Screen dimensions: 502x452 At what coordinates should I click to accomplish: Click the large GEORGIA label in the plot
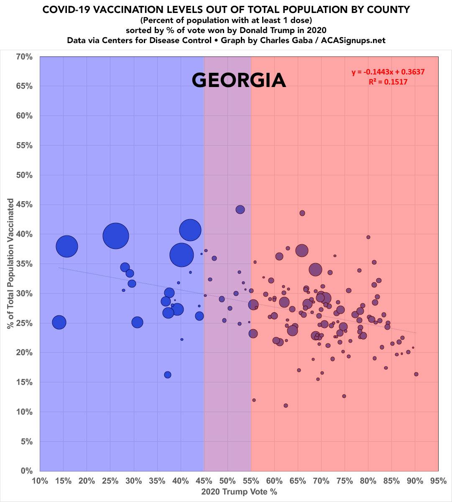(239, 80)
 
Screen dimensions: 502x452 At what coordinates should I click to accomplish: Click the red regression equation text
(388, 72)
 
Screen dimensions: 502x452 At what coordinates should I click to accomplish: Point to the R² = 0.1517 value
(388, 82)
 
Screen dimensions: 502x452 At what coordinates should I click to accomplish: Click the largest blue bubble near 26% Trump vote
(115, 236)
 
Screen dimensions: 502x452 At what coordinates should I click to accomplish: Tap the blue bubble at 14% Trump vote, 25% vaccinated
(59, 322)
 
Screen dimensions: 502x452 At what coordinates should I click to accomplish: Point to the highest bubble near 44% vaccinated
(240, 209)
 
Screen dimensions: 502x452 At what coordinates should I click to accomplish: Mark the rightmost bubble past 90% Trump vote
(416, 374)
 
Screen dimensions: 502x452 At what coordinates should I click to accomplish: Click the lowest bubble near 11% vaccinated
(286, 405)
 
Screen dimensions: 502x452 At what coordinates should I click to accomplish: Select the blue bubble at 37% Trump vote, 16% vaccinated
(168, 374)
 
